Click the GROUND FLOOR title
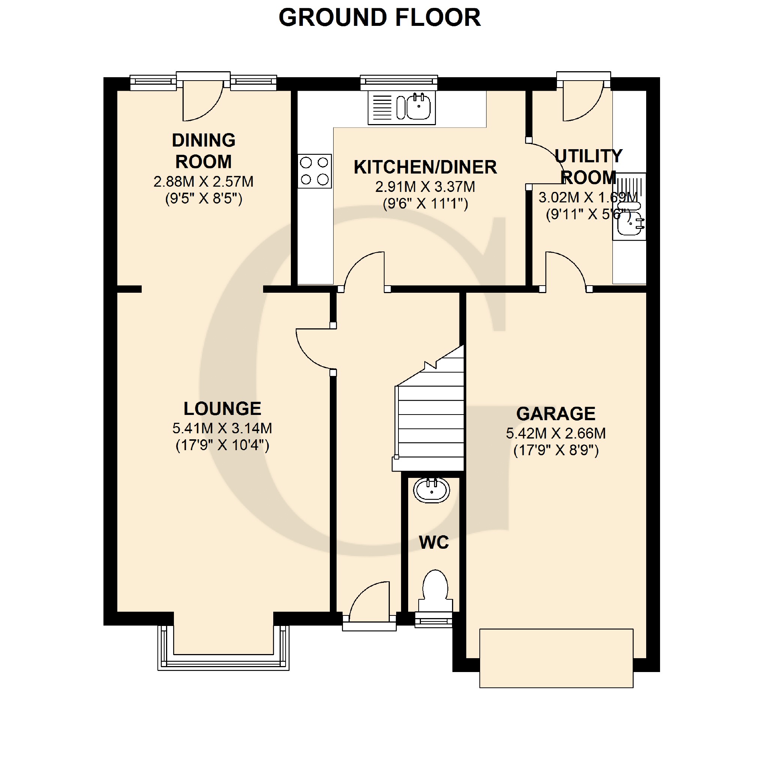click(379, 18)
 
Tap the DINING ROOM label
click(204, 151)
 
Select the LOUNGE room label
click(222, 409)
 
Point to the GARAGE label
click(556, 414)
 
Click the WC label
click(434, 542)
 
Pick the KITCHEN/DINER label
click(425, 167)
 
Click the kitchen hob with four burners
click(314, 171)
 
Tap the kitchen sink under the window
click(401, 108)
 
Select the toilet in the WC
click(435, 591)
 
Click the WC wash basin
click(431, 490)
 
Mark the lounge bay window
click(223, 648)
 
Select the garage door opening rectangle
click(556, 659)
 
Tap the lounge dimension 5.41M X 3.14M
click(222, 428)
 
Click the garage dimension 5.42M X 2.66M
click(556, 433)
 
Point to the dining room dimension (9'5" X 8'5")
click(204, 198)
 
